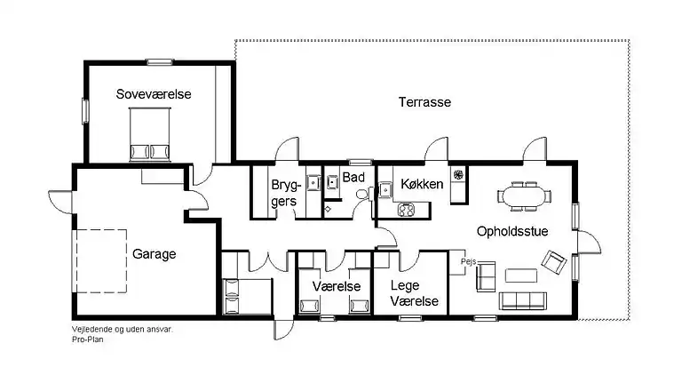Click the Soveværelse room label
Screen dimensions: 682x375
tap(154, 94)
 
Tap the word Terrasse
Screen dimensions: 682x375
tap(424, 102)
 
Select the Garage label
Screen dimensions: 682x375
tap(154, 253)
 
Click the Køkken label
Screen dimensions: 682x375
tap(422, 184)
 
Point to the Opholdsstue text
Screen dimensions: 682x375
tap(512, 231)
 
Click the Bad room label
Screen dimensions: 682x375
tap(353, 177)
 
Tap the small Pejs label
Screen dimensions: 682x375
tap(469, 262)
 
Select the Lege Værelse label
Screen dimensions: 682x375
tap(414, 293)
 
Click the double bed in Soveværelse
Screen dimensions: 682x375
tap(149, 134)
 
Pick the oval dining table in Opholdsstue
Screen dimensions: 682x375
tap(524, 196)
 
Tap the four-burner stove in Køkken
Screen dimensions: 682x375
tap(406, 210)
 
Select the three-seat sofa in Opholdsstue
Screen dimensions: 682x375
tap(523, 300)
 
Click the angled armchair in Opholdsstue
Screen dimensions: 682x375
tap(554, 262)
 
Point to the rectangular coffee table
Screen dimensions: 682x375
tap(521, 275)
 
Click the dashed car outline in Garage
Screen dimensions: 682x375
tap(99, 261)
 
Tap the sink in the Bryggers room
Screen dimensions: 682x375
tap(313, 183)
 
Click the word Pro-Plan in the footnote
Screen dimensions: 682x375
tap(88, 339)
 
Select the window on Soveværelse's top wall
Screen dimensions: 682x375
tap(160, 62)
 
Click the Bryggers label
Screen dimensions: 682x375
tap(286, 193)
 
